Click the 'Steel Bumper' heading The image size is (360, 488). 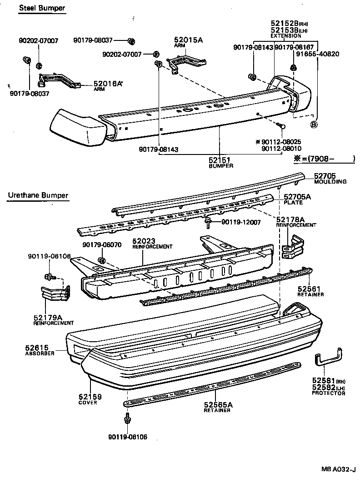41,8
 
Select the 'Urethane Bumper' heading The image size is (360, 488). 38,195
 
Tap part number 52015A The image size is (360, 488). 188,40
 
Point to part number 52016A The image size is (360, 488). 108,84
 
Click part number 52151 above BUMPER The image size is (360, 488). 220,160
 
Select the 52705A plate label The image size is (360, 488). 298,197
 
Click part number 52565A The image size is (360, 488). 218,404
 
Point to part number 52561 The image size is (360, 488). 310,289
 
